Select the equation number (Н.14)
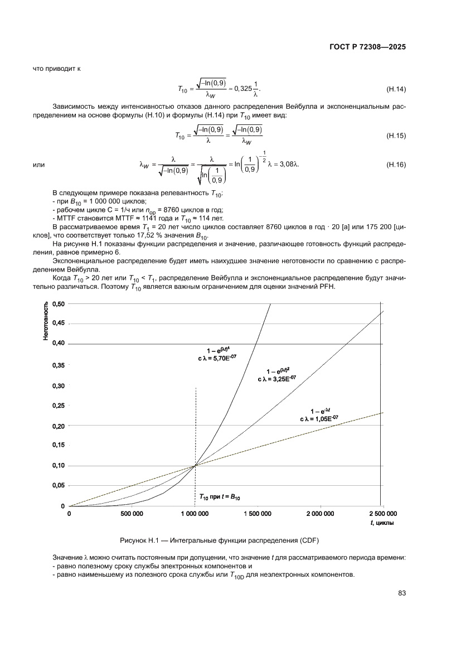[x=395, y=89]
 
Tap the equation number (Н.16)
[x=395, y=165]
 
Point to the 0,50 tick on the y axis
[x=58, y=303]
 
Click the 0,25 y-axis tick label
[x=58, y=405]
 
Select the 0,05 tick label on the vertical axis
[x=58, y=486]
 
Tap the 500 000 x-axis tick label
[x=132, y=514]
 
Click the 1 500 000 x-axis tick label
[x=257, y=514]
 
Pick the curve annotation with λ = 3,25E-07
[x=277, y=375]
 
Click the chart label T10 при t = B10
[x=220, y=496]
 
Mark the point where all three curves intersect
[x=195, y=465]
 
